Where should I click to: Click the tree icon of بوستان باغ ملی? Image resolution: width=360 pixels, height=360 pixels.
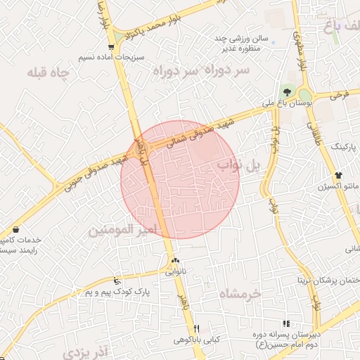286,92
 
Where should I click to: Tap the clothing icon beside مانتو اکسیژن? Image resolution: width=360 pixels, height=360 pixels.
339,175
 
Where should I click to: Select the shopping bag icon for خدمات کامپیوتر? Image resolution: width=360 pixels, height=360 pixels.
16,229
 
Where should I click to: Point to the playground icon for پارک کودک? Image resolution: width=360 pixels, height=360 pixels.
117,281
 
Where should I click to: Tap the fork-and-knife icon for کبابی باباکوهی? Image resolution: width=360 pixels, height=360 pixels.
197,328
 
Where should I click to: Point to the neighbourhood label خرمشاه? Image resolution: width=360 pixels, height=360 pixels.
239,292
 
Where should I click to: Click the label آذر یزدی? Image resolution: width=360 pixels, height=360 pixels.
84,349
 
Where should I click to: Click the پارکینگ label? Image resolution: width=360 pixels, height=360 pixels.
344,148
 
